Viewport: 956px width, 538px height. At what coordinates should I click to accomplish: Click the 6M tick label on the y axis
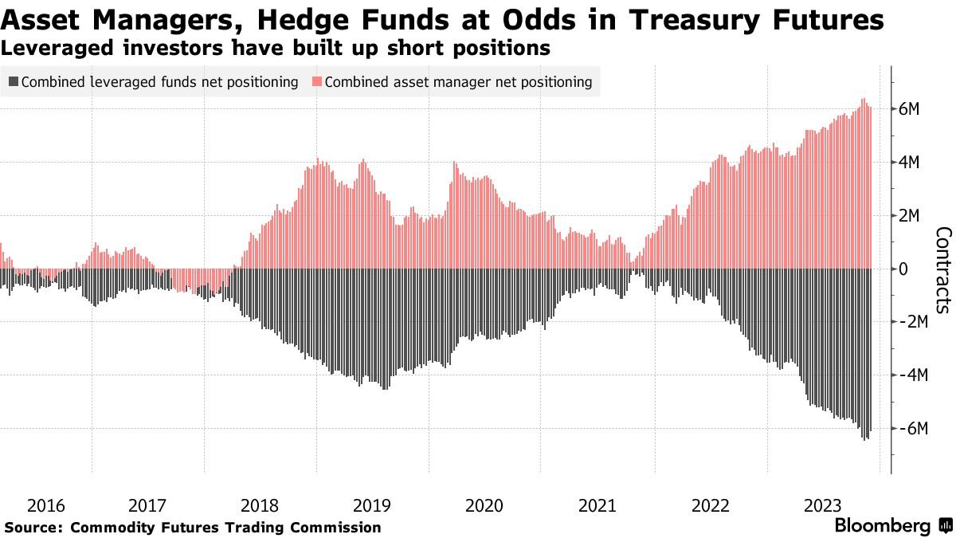(x=910, y=109)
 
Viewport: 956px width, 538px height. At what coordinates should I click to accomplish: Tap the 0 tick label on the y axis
(x=904, y=269)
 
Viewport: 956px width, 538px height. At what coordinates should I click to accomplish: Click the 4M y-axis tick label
(x=910, y=163)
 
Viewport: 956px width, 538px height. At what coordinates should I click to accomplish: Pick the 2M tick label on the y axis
(x=910, y=216)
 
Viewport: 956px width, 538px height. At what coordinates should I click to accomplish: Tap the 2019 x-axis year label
(x=371, y=505)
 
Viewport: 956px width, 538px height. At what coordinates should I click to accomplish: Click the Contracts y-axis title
(x=942, y=269)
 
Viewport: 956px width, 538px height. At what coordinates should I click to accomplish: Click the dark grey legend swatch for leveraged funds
(x=14, y=82)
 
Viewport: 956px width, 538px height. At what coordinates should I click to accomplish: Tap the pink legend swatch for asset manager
(x=316, y=82)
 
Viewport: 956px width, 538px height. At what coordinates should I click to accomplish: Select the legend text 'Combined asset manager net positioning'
(x=458, y=82)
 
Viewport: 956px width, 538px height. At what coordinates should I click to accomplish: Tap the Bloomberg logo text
(x=882, y=526)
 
